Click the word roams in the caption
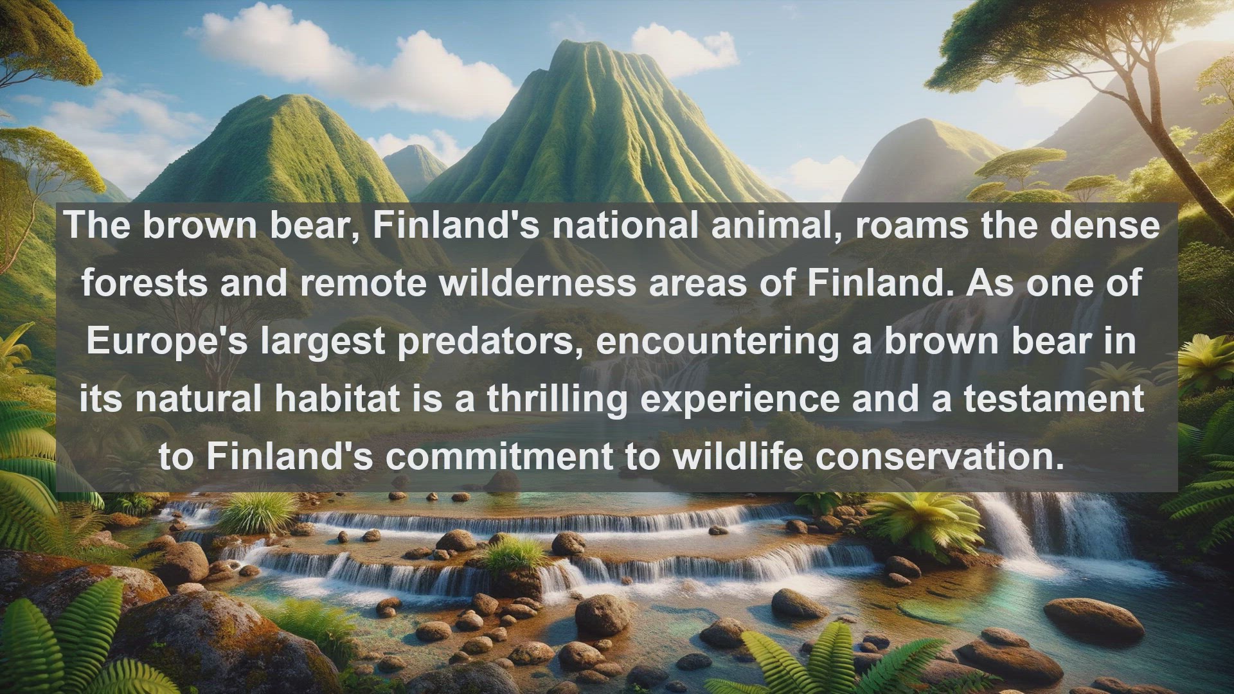pos(911,226)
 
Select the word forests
pos(145,283)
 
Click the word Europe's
pos(167,341)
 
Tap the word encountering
pos(718,342)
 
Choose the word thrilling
pos(557,400)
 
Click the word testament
pos(1054,398)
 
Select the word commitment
pos(499,456)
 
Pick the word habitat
pos(337,398)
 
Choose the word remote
pos(363,284)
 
